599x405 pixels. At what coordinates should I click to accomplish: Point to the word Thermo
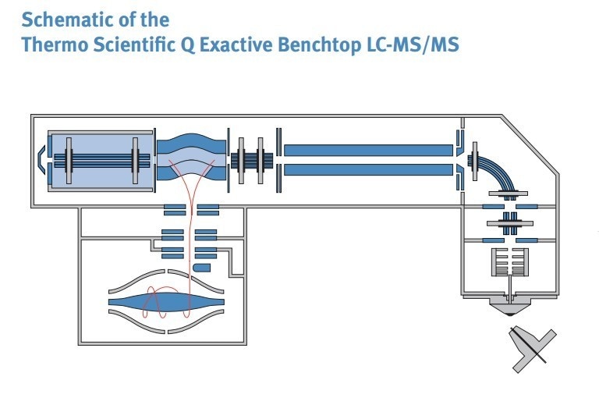(x=52, y=44)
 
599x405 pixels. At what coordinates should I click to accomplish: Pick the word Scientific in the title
(x=134, y=44)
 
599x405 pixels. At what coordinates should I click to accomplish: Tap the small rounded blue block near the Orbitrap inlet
(x=201, y=268)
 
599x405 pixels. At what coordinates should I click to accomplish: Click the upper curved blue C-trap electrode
(x=191, y=145)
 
